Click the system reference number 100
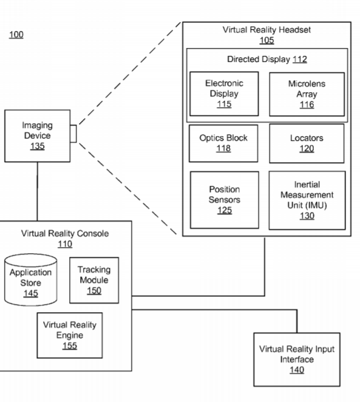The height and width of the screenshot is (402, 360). pos(16,35)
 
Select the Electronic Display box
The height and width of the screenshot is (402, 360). pos(224,94)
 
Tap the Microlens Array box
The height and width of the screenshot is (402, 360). pos(307,94)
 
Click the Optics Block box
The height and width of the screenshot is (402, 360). pos(223,143)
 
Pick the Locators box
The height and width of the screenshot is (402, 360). pos(307,143)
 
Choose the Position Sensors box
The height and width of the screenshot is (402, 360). pos(225,200)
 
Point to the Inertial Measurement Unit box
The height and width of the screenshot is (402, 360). pos(307,200)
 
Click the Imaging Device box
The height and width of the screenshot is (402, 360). pos(38,136)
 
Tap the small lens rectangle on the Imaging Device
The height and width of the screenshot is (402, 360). pos(73,134)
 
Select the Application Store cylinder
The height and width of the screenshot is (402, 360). pos(31,280)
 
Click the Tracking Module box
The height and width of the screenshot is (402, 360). pos(94,280)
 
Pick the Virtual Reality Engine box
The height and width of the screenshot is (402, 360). pos(70,335)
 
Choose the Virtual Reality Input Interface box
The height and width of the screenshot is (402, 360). pos(297,359)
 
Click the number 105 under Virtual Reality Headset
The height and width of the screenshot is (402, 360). pos(267,40)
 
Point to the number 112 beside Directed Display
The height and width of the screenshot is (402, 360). pos(299,60)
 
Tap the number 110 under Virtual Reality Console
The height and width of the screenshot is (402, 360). pos(65,244)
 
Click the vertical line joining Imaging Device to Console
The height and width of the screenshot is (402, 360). pos(38,191)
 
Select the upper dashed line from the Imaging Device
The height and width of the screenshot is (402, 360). pos(129,73)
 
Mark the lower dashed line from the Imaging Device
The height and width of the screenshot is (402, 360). pos(128,189)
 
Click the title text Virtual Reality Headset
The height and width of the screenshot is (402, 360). pos(267,30)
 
